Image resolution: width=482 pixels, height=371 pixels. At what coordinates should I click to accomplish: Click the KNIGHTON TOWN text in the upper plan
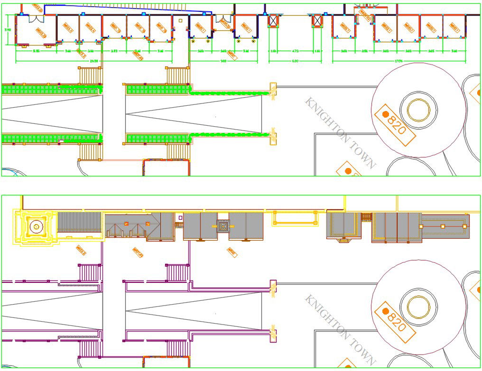pyautogui.click(x=340, y=133)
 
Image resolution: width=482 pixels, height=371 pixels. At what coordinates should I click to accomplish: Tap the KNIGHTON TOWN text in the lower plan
pyautogui.click(x=340, y=330)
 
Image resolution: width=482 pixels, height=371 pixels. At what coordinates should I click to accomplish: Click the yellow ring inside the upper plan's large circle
pyautogui.click(x=418, y=109)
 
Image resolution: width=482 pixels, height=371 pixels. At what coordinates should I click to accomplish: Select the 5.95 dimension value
pyautogui.click(x=36, y=50)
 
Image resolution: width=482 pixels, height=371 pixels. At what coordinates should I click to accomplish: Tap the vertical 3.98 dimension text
pyautogui.click(x=8, y=30)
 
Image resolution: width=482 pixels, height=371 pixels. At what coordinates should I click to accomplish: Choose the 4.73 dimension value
pyautogui.click(x=295, y=50)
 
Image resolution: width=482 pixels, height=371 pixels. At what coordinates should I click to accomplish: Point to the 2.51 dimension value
pyautogui.click(x=364, y=50)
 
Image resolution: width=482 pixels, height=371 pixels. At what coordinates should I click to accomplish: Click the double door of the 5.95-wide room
pyautogui.click(x=36, y=19)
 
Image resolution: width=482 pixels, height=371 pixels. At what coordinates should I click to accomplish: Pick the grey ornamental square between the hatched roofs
pyautogui.click(x=223, y=226)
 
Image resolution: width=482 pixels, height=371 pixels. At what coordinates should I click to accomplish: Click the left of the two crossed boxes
pyautogui.click(x=273, y=21)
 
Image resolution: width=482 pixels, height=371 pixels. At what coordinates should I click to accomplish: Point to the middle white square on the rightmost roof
pyautogui.click(x=443, y=226)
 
